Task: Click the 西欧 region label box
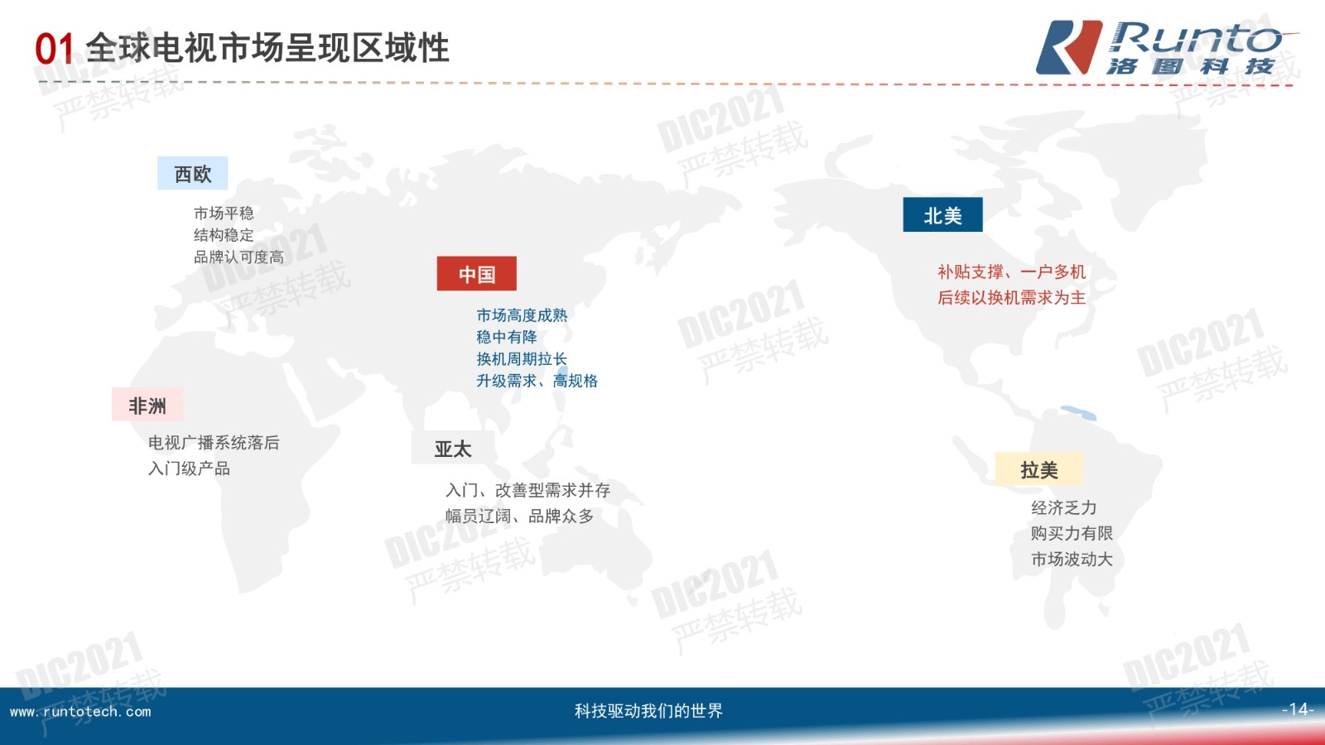[192, 173]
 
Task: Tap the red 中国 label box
[477, 274]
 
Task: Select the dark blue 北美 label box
[943, 214]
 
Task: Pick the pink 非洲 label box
[147, 405]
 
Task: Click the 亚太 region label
[453, 449]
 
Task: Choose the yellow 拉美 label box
[1039, 469]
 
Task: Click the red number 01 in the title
[55, 49]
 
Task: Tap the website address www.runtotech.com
[80, 711]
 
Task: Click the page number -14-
[1298, 709]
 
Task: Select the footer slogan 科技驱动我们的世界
[649, 710]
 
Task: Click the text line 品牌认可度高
[239, 257]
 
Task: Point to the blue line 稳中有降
[507, 336]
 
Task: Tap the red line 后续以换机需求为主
[1011, 297]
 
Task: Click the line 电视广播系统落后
[214, 442]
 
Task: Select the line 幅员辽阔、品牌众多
[520, 516]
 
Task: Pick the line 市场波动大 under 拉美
[1072, 559]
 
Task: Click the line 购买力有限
[1072, 533]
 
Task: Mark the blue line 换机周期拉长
[522, 358]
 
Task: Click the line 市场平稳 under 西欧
[224, 213]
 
